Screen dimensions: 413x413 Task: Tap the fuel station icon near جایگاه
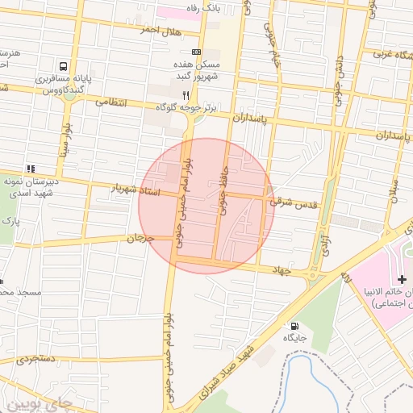(x=292, y=327)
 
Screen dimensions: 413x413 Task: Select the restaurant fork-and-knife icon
(x=187, y=94)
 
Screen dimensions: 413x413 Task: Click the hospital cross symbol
(x=403, y=278)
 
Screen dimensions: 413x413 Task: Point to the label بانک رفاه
(x=202, y=7)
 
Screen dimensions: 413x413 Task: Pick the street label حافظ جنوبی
(x=223, y=193)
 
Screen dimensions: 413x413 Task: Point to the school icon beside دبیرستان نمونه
(x=31, y=169)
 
